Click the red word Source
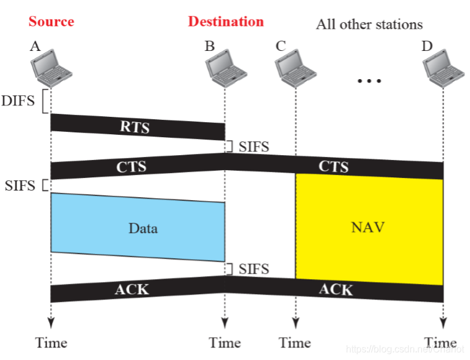point(51,22)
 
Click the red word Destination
point(225,22)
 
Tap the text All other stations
point(369,24)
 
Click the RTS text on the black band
point(134,128)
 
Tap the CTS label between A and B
point(131,166)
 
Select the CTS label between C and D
point(333,166)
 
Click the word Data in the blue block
point(143,228)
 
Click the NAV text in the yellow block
point(367,228)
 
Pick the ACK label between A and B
point(131,290)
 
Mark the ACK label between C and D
point(335,290)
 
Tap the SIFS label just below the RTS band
point(254,147)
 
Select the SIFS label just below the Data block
point(254,270)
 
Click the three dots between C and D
point(369,81)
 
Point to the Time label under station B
point(225,343)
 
